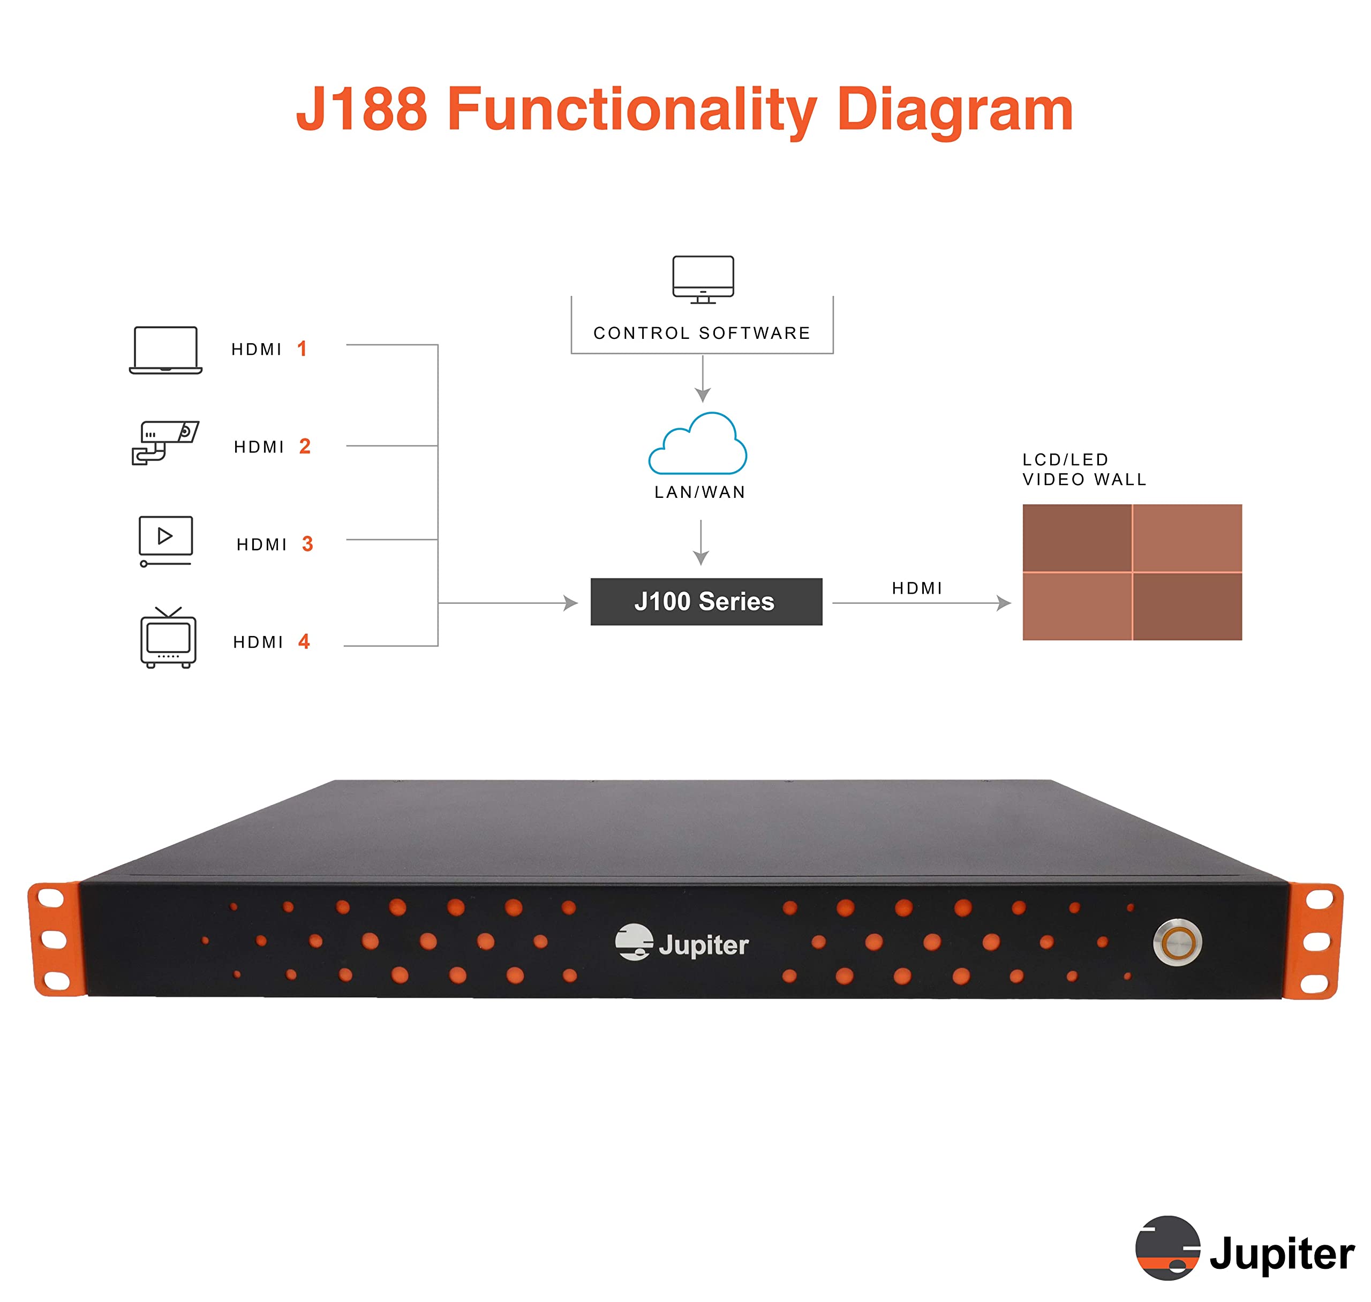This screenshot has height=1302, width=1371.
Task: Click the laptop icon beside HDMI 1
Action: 165,350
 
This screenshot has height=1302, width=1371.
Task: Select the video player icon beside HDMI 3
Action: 165,541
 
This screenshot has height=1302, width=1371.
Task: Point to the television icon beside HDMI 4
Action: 168,638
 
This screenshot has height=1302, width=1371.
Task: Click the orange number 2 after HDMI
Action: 305,446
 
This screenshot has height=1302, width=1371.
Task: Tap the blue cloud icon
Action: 698,444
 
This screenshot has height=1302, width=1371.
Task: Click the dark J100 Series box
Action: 706,602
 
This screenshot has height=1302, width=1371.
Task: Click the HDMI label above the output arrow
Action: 917,588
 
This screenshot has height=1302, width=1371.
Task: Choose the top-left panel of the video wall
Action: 1076,538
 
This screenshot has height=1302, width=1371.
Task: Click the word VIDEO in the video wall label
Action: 1053,480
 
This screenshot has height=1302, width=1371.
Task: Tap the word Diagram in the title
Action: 954,109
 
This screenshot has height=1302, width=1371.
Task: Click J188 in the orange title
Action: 361,109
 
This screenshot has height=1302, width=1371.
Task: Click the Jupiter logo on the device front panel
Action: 682,943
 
